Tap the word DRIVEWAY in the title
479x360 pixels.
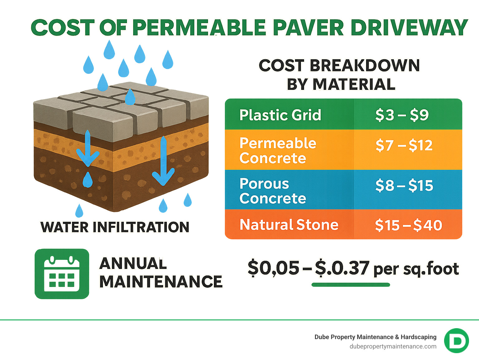point(409,28)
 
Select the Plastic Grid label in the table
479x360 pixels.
point(280,115)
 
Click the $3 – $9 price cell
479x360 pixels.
point(402,115)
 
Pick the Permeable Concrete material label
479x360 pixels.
point(278,150)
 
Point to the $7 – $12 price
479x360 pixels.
point(404,145)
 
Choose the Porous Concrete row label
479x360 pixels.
point(273,191)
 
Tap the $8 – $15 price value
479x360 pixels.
point(404,186)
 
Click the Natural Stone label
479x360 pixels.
point(289,225)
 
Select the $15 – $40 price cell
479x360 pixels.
point(409,225)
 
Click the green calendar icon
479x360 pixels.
point(62,274)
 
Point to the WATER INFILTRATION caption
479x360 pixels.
point(115,227)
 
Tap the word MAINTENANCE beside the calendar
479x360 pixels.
point(161,282)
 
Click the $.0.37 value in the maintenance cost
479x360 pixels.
point(342,268)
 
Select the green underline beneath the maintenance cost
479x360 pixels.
point(351,285)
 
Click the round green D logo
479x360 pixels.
point(456,341)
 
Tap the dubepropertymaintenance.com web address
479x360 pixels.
point(393,346)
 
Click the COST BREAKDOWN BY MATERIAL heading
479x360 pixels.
point(339,75)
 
